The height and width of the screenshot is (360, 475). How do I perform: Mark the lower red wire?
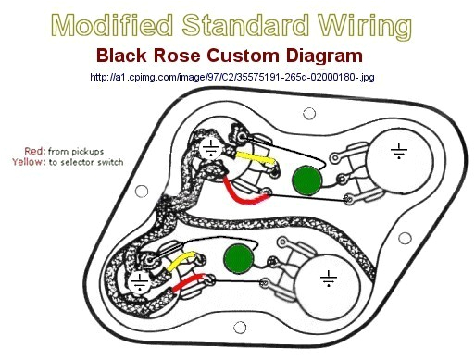(191, 280)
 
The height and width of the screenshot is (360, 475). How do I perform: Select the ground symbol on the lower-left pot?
(140, 281)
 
